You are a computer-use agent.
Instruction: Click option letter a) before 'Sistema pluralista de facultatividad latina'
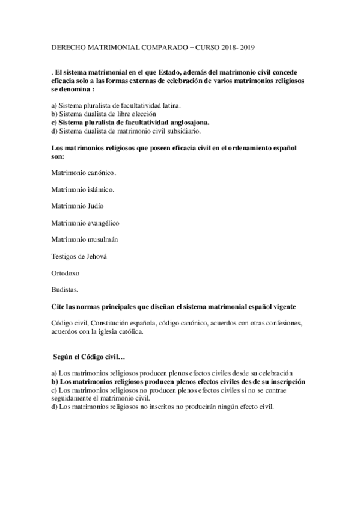click(54, 105)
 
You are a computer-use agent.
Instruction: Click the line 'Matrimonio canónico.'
click(84, 173)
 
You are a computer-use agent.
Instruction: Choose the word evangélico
click(102, 223)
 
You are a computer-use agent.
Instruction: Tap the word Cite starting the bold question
click(59, 307)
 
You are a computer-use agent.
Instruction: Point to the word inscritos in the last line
click(149, 406)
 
